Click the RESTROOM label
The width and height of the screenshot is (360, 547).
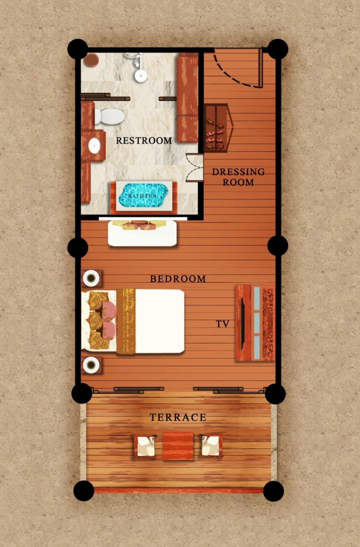coord(144,140)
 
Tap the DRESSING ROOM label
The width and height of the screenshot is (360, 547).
coord(238,177)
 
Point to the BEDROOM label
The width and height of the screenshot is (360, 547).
coord(178,279)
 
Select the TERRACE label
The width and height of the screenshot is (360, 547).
coord(178,417)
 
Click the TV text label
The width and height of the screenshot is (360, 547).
coord(222,324)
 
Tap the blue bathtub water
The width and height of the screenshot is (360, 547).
coord(143,195)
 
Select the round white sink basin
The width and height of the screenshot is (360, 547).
coord(94,146)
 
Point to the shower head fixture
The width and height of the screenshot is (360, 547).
coord(139,68)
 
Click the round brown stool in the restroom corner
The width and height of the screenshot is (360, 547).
coord(92,59)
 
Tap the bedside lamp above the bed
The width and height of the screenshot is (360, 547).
coord(91,278)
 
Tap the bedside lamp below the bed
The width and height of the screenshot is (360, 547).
coord(91,365)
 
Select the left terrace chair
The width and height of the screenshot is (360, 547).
coord(145,446)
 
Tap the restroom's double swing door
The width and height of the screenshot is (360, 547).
coord(195,168)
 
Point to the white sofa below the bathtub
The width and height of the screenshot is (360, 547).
coord(142,233)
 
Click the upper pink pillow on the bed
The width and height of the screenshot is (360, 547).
coord(109,310)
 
